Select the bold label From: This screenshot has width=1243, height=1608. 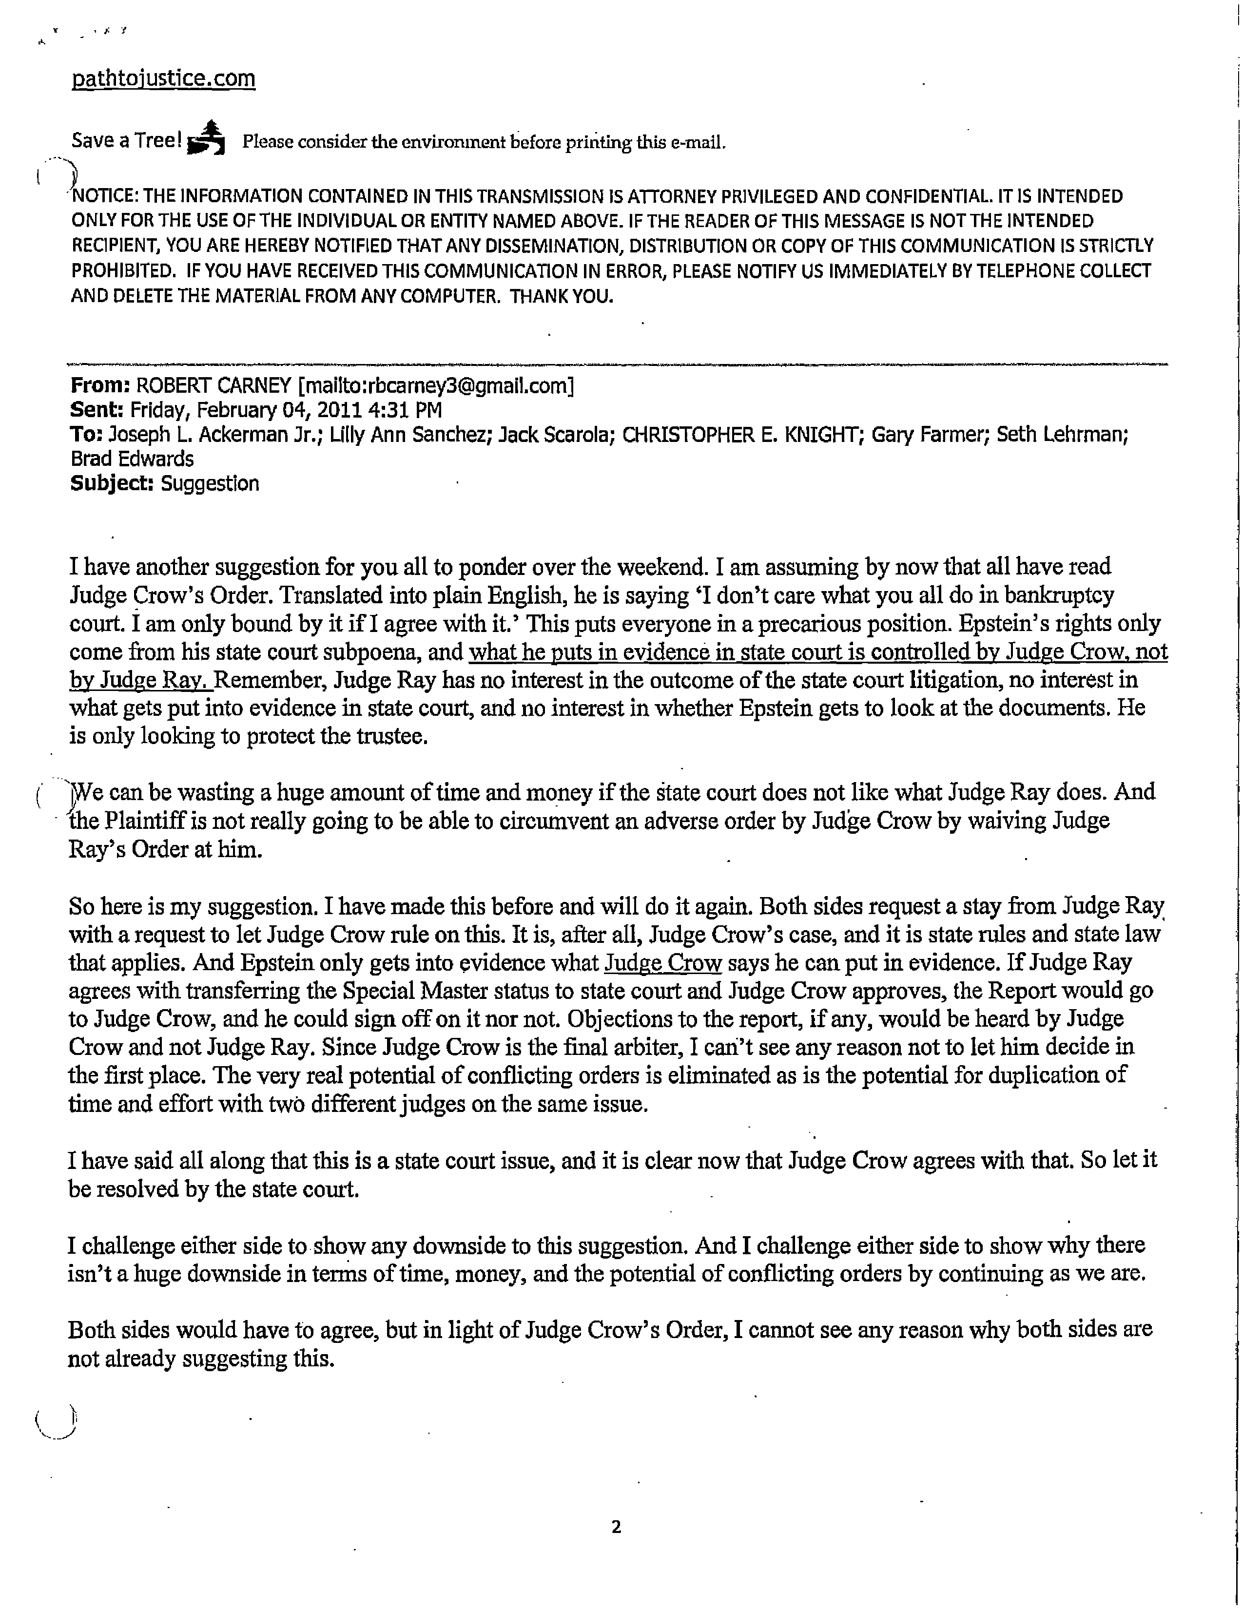click(x=100, y=385)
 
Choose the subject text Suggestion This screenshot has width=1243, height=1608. click(x=210, y=484)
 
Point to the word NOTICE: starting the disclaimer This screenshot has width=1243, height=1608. click(x=103, y=196)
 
